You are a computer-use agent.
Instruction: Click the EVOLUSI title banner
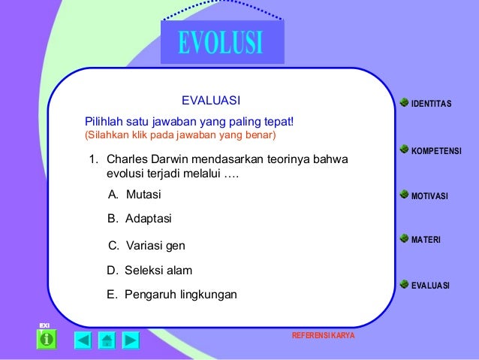tap(221, 42)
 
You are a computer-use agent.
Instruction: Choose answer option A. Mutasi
tap(134, 195)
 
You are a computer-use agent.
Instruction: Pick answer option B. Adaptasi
tap(140, 219)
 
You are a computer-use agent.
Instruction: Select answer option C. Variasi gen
tap(146, 246)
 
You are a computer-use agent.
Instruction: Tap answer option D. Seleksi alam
tap(149, 270)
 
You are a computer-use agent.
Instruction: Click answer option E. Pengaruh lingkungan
tap(171, 294)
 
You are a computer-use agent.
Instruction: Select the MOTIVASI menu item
tap(429, 196)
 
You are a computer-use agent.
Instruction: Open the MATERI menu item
tap(426, 240)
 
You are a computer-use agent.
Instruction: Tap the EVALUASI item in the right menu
tap(430, 285)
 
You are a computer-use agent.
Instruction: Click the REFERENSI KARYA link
tap(323, 334)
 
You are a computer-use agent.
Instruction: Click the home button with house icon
tap(107, 340)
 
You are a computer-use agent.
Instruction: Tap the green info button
tap(47, 340)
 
